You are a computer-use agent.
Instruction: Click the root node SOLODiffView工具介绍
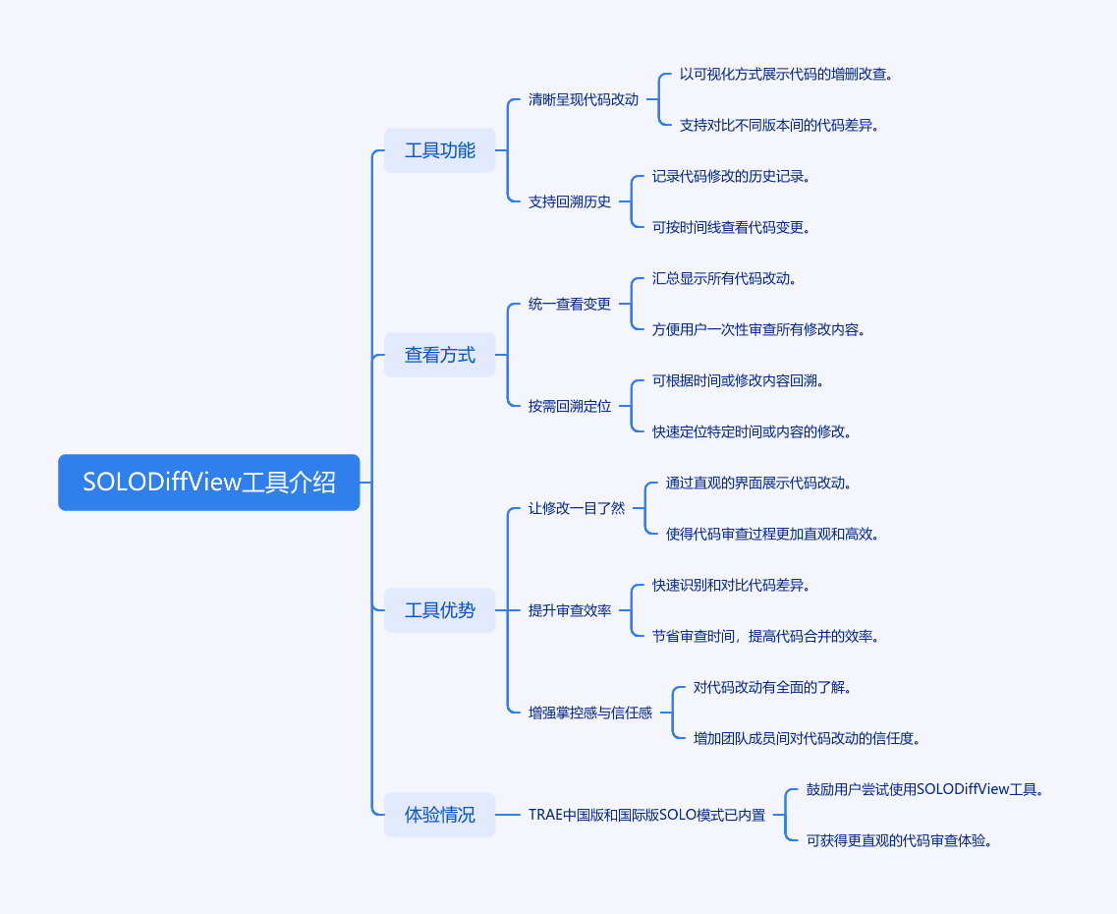point(208,483)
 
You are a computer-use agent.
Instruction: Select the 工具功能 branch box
point(439,150)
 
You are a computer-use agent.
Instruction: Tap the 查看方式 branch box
point(439,355)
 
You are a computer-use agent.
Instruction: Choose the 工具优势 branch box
point(439,610)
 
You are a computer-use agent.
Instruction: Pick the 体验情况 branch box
point(439,815)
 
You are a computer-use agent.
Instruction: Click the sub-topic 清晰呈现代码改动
point(583,99)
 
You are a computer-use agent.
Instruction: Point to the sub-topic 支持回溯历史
point(569,201)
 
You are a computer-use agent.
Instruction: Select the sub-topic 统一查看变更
point(569,304)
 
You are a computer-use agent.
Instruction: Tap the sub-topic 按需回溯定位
point(569,406)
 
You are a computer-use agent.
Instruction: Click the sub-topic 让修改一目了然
point(576,508)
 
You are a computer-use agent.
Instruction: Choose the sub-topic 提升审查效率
point(569,610)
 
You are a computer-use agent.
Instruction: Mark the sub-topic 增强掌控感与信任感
point(589,713)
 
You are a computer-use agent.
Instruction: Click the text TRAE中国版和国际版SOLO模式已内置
point(646,815)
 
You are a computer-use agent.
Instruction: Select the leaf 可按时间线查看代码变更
point(730,227)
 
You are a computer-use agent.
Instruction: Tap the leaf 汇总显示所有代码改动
point(723,278)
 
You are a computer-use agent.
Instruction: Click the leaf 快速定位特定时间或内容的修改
point(751,431)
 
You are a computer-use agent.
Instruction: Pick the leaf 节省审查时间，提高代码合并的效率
point(764,636)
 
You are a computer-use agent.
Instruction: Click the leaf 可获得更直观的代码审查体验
point(898,840)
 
